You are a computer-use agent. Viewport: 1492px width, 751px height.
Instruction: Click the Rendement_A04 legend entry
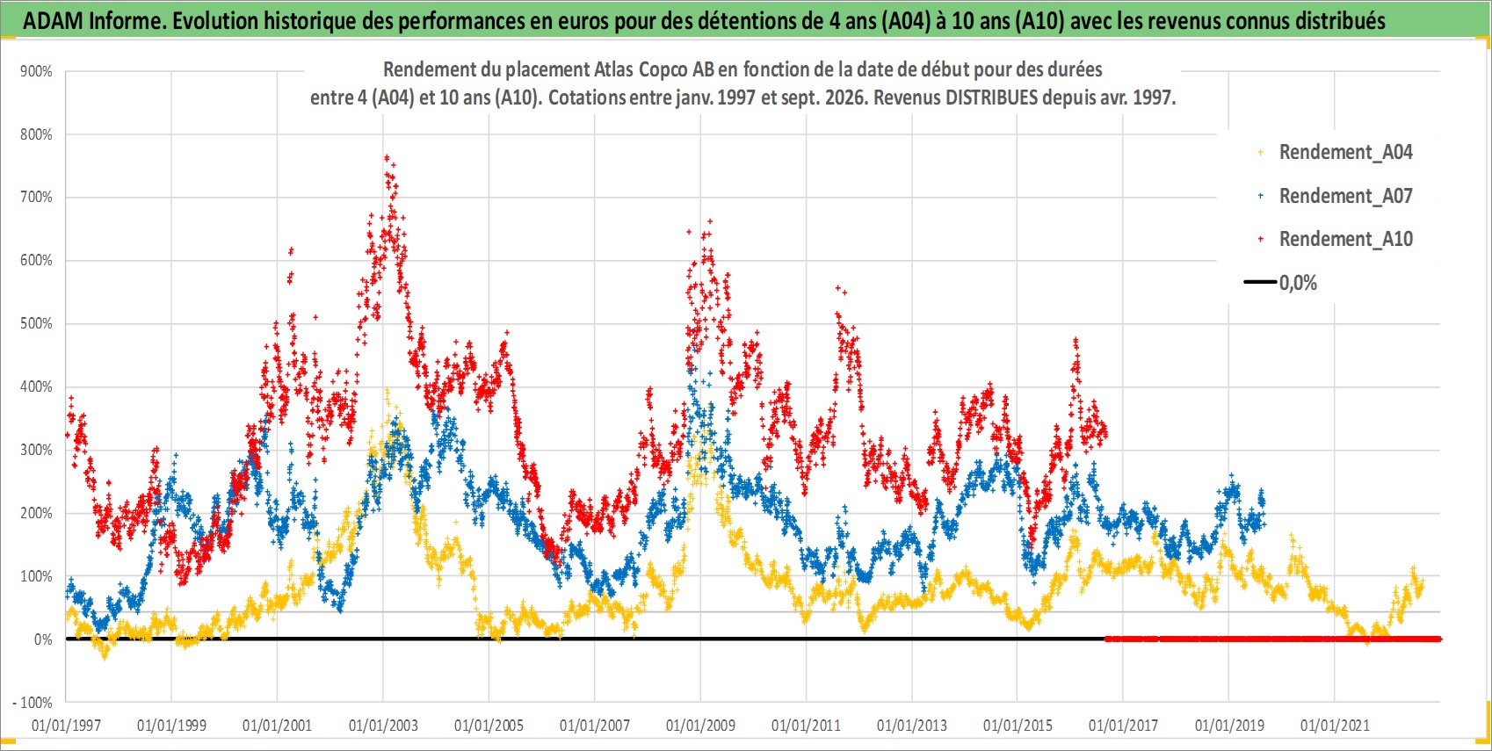coord(1335,153)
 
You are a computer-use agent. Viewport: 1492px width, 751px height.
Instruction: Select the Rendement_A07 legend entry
coord(1335,197)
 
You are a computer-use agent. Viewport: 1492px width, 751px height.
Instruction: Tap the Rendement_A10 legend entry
coord(1335,239)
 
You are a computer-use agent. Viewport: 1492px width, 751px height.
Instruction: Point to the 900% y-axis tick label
coord(36,71)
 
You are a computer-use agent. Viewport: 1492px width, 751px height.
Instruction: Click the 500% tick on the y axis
coord(36,323)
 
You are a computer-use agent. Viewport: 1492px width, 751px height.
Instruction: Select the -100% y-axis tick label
coord(33,703)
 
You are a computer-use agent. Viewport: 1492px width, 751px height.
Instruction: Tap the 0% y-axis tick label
coord(43,639)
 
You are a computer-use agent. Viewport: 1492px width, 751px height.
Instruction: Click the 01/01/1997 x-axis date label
coord(66,725)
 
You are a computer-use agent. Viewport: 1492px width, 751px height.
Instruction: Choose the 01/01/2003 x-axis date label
coord(383,725)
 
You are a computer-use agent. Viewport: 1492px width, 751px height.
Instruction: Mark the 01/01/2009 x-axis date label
coord(700,725)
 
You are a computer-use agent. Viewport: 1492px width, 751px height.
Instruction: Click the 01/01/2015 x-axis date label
coord(1018,725)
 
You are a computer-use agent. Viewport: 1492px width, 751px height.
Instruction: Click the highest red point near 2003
coord(387,158)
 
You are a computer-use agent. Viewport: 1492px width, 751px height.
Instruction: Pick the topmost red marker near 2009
coord(710,221)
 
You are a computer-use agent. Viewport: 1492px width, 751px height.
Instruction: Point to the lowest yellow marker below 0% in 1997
coord(104,656)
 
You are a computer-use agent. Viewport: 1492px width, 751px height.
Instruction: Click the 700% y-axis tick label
coord(36,197)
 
